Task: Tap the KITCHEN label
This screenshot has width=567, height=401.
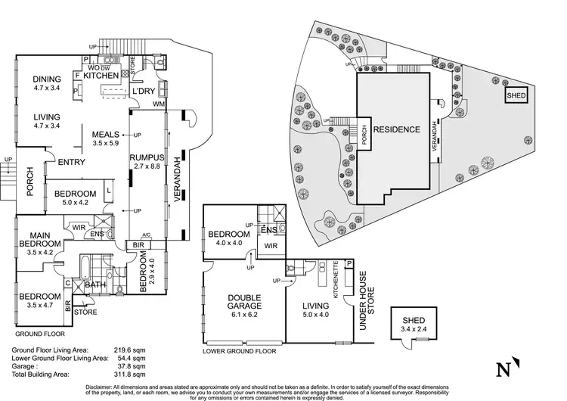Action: [100, 76]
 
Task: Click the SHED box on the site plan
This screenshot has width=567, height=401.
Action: [516, 96]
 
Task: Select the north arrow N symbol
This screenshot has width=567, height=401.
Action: [502, 370]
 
